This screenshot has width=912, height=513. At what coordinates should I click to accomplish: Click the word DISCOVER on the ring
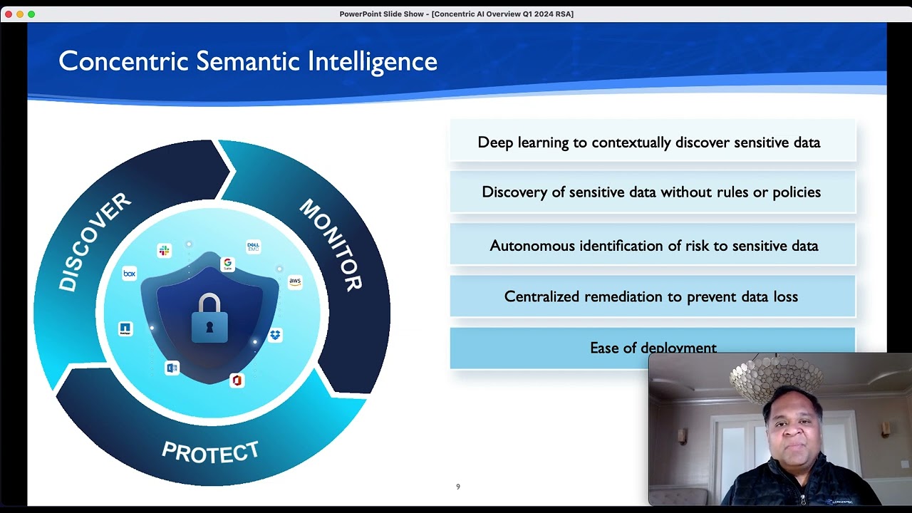[95, 242]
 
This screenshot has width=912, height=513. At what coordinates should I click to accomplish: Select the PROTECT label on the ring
[210, 452]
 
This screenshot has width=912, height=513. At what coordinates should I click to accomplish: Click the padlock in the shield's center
[209, 318]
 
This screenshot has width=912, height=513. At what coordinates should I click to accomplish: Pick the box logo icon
[129, 274]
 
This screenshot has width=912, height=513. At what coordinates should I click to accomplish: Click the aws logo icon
[295, 281]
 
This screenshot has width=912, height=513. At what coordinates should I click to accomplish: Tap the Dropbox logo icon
[275, 334]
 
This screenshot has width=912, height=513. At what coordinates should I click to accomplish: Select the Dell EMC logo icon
[253, 247]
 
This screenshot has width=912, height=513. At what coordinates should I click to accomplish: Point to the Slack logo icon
[165, 250]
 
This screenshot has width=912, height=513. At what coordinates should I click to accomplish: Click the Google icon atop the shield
[227, 264]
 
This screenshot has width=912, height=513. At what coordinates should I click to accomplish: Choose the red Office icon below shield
[237, 380]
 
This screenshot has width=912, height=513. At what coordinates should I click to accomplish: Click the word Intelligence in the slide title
[372, 61]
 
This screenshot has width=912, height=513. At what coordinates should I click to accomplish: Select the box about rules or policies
[652, 192]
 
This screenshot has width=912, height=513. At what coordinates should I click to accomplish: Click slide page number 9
[458, 487]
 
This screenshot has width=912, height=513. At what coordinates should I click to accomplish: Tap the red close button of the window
[9, 14]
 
